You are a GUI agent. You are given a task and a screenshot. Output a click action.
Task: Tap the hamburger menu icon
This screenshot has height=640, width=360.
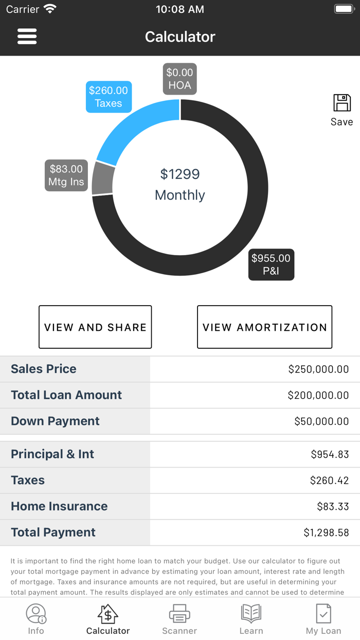(27, 37)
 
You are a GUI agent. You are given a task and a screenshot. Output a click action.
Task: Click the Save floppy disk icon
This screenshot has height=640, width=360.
(342, 103)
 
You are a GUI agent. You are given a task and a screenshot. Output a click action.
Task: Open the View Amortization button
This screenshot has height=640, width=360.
(264, 327)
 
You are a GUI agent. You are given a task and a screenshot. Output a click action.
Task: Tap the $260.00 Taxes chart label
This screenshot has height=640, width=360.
(109, 97)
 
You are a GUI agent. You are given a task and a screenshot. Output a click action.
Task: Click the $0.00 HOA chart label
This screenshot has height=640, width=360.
(179, 79)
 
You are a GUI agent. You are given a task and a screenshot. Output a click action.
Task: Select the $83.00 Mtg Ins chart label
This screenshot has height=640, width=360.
(66, 175)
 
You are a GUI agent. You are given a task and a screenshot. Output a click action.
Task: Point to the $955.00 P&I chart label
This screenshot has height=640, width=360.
(271, 264)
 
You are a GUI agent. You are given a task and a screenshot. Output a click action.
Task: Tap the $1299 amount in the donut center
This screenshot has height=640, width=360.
(179, 174)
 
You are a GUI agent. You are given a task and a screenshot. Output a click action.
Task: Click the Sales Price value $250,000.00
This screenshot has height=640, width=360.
(318, 369)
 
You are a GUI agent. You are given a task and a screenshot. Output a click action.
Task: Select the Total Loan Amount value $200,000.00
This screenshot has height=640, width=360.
(318, 395)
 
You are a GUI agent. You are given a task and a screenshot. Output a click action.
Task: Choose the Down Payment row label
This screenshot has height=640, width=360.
(56, 421)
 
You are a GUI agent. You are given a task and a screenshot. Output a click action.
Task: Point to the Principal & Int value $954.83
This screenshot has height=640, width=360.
(330, 454)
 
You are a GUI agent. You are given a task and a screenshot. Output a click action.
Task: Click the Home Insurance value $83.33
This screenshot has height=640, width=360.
(333, 506)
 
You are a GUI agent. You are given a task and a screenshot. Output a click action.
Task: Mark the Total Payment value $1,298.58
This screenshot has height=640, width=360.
(326, 532)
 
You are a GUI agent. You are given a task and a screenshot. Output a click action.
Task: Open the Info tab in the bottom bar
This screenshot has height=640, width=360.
(36, 619)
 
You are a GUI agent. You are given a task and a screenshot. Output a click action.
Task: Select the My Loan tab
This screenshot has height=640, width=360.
(323, 619)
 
